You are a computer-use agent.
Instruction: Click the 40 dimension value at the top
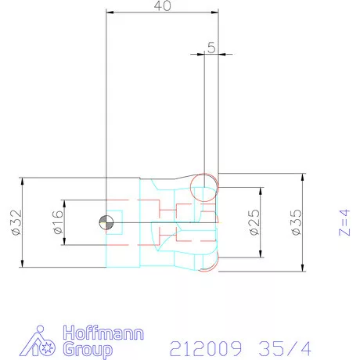click(x=162, y=5)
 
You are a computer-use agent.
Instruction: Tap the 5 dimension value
click(x=211, y=48)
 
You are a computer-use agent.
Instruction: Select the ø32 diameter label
click(x=16, y=222)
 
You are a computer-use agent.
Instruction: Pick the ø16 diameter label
click(x=58, y=222)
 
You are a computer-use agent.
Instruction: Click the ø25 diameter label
click(x=255, y=222)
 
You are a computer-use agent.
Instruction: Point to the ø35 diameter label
click(x=297, y=222)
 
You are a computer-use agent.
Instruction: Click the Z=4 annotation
click(x=344, y=222)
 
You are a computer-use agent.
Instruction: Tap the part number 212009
click(x=206, y=348)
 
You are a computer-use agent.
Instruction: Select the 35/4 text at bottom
click(x=285, y=348)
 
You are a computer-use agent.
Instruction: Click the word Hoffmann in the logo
click(x=103, y=333)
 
